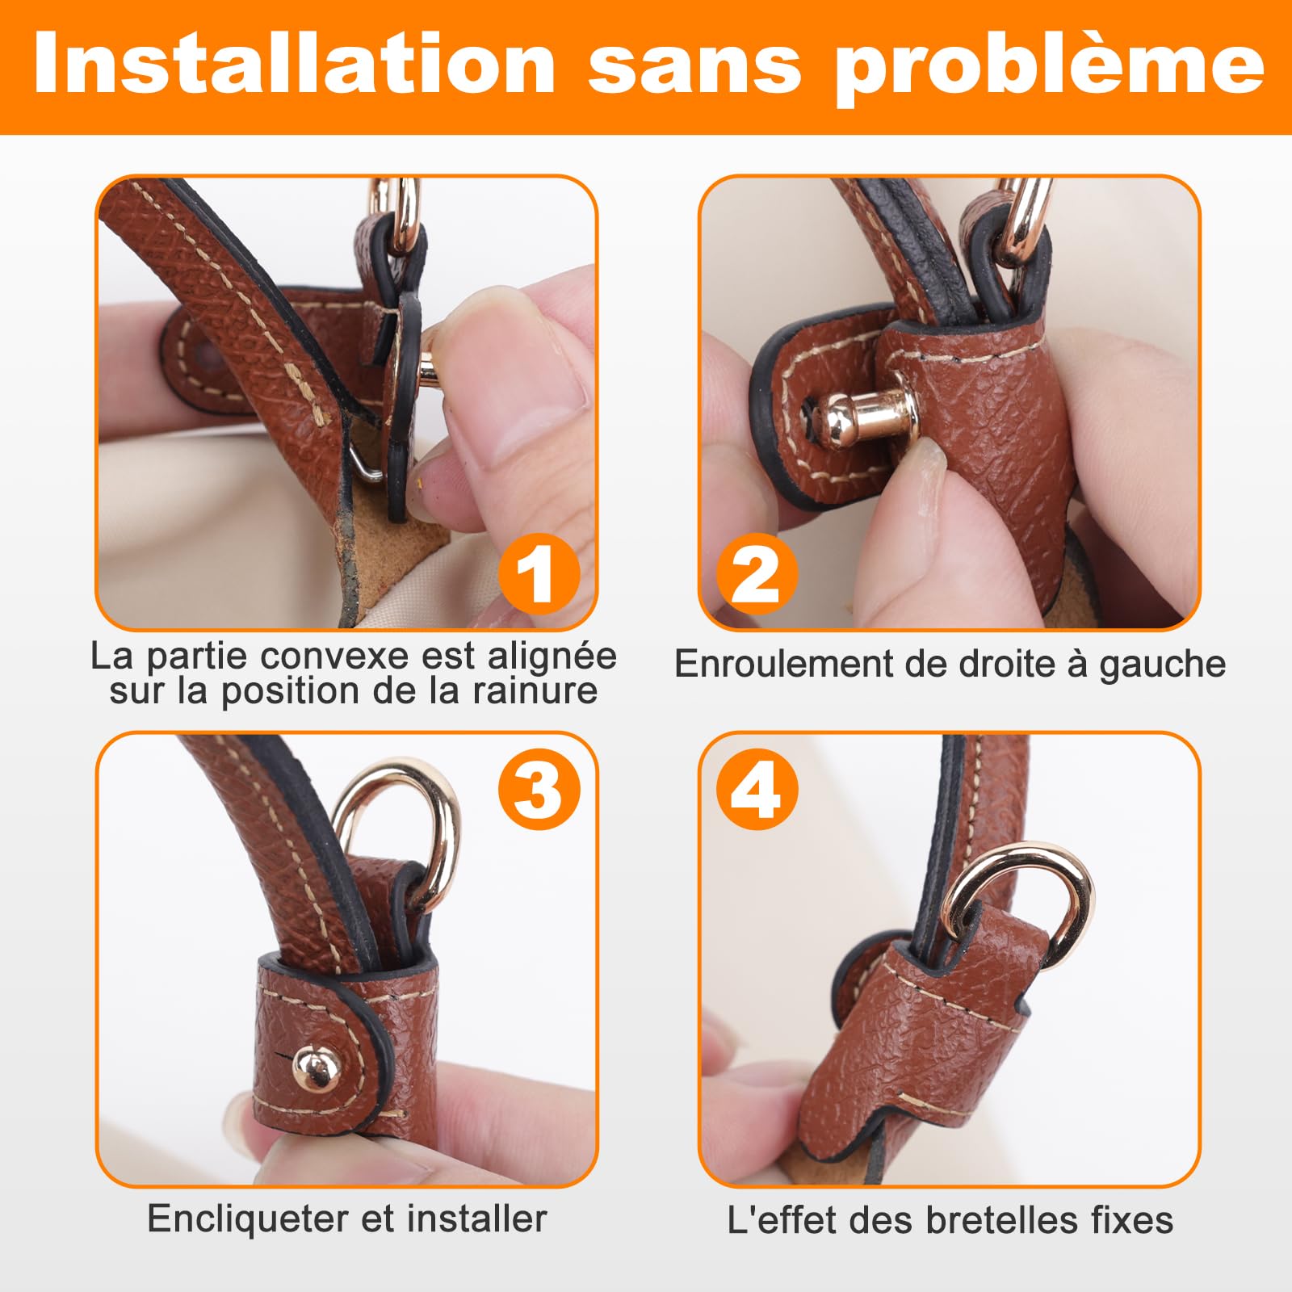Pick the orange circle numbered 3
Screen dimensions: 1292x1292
pyautogui.click(x=539, y=789)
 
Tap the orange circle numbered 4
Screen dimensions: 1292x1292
pyautogui.click(x=757, y=789)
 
